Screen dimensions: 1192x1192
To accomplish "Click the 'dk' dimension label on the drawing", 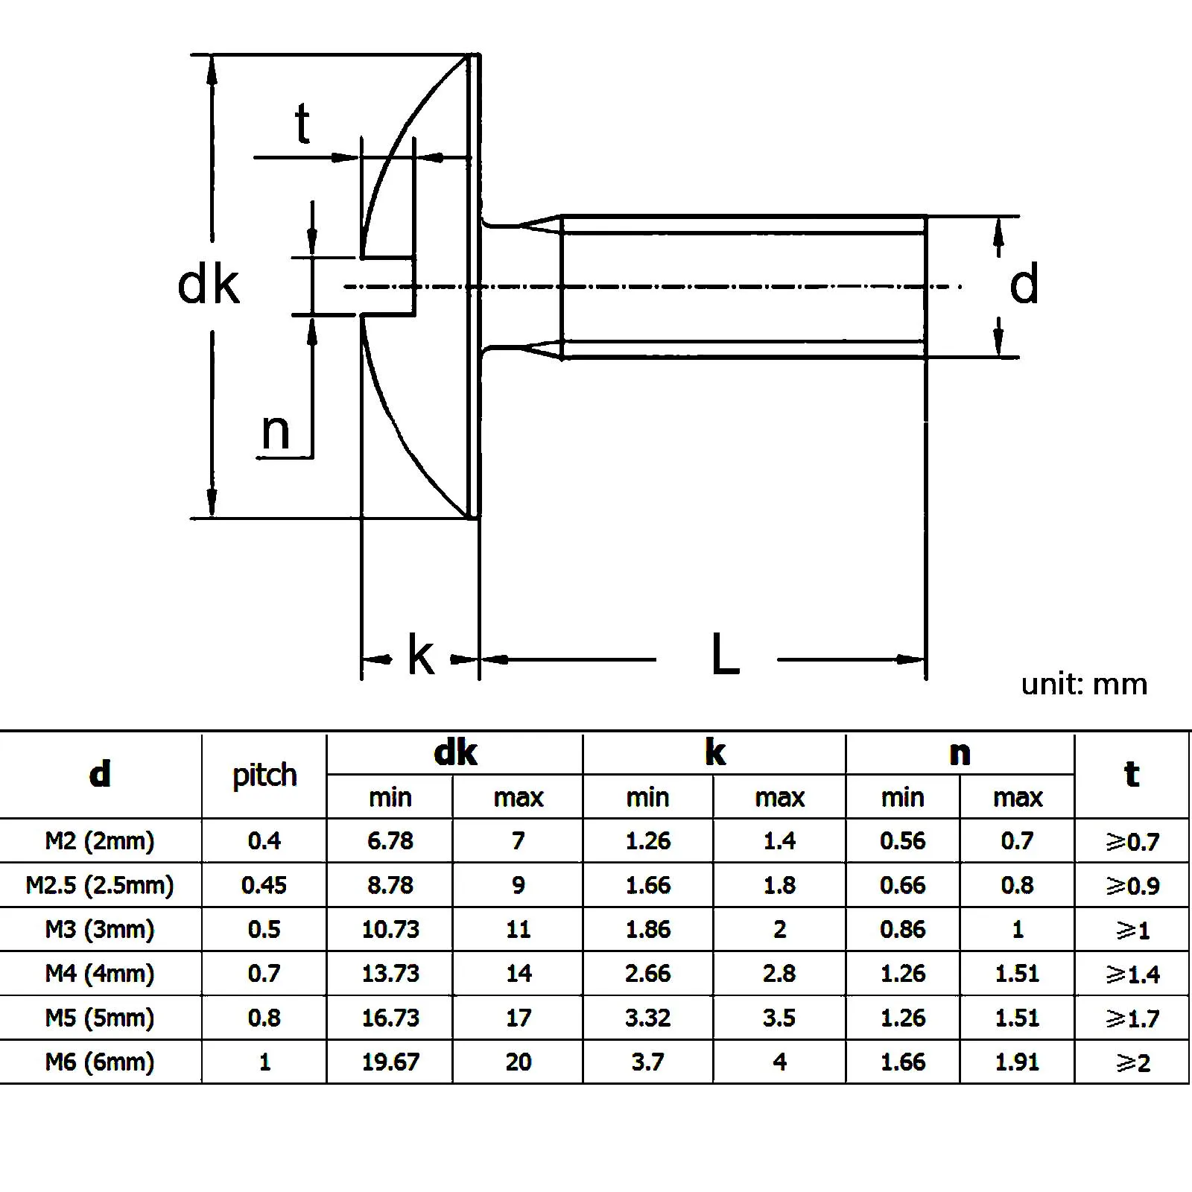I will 208,285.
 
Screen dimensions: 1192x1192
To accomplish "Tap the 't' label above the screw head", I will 302,124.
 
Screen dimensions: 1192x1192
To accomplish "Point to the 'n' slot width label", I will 275,431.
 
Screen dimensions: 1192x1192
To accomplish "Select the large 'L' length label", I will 725,655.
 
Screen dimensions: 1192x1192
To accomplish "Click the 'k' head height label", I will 420,656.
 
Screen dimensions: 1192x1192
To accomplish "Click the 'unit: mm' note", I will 1083,684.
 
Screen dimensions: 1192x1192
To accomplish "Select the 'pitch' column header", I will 264,775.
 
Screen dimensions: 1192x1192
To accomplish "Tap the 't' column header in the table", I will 1132,774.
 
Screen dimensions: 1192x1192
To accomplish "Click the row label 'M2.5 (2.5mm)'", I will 100,885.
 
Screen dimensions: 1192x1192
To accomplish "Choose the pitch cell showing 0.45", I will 264,885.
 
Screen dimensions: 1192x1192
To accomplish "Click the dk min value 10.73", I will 390,929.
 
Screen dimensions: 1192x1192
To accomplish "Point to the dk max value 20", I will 519,1062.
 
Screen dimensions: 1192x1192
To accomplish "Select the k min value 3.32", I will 647,1018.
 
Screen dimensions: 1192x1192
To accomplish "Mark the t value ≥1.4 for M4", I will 1132,974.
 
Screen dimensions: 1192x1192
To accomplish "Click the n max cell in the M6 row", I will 1017,1062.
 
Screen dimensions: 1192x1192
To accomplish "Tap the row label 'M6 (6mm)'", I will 100,1062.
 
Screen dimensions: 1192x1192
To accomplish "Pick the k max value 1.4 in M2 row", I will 779,841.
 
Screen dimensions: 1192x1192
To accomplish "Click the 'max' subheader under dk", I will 519,798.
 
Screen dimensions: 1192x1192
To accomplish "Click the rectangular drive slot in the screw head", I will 387,287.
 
